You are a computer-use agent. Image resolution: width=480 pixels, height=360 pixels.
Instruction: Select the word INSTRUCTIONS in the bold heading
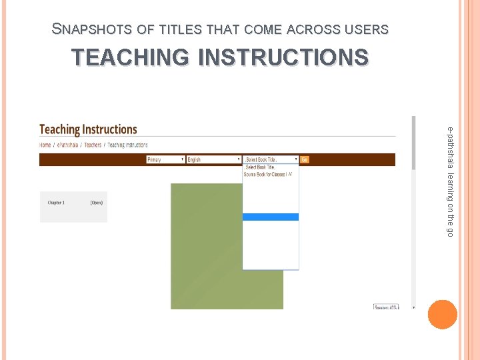click(283, 57)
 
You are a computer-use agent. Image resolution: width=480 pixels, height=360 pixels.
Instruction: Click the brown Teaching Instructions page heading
click(88, 129)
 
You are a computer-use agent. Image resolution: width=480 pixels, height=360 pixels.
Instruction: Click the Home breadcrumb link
click(45, 145)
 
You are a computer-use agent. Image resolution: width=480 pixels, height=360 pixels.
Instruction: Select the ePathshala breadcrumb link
click(67, 145)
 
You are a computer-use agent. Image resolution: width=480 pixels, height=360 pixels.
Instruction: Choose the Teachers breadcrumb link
click(93, 145)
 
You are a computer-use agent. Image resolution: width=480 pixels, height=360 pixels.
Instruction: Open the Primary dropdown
click(165, 159)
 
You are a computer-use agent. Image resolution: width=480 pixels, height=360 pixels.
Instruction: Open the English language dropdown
click(213, 159)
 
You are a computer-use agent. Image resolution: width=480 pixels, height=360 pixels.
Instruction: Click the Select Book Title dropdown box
click(271, 159)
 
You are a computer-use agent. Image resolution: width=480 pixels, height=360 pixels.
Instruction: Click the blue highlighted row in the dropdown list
click(271, 217)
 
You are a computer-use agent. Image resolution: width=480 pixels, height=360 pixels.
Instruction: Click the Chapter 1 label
click(56, 203)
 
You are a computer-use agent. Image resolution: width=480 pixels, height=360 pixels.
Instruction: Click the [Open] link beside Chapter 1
click(97, 203)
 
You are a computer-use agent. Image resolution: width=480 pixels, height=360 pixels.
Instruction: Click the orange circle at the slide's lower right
click(443, 314)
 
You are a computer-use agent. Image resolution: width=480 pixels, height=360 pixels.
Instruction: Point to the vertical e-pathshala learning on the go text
click(451, 180)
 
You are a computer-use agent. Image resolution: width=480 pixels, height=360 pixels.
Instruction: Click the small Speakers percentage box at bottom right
click(385, 307)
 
